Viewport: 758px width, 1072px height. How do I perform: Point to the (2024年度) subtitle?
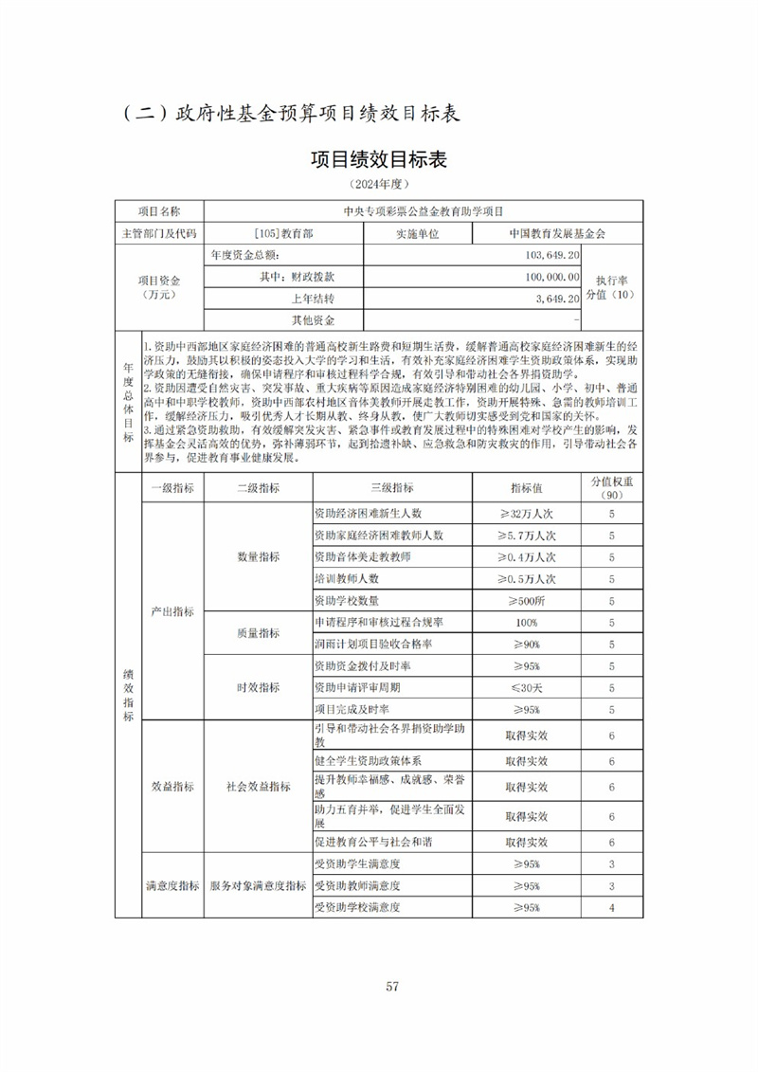[378, 184]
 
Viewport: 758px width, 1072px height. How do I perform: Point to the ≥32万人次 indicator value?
[526, 513]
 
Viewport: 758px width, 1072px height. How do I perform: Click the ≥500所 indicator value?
[526, 600]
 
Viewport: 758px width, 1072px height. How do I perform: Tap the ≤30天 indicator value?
[526, 687]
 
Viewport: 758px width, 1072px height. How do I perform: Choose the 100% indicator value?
[526, 622]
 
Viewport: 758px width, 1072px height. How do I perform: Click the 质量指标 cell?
[258, 633]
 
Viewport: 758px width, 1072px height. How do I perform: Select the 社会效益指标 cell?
[258, 786]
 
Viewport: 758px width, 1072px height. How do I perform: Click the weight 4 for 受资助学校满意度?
[612, 907]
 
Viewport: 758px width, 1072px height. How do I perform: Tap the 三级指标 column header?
[391, 487]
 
